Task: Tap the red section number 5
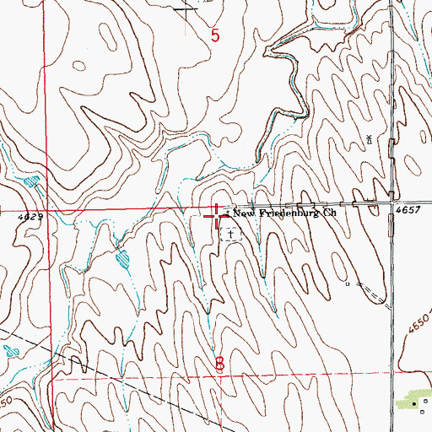215,35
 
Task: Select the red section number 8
220,364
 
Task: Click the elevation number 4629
29,217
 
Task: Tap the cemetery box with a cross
229,232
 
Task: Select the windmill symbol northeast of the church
369,139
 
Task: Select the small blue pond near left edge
31,181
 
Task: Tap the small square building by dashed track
347,283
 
